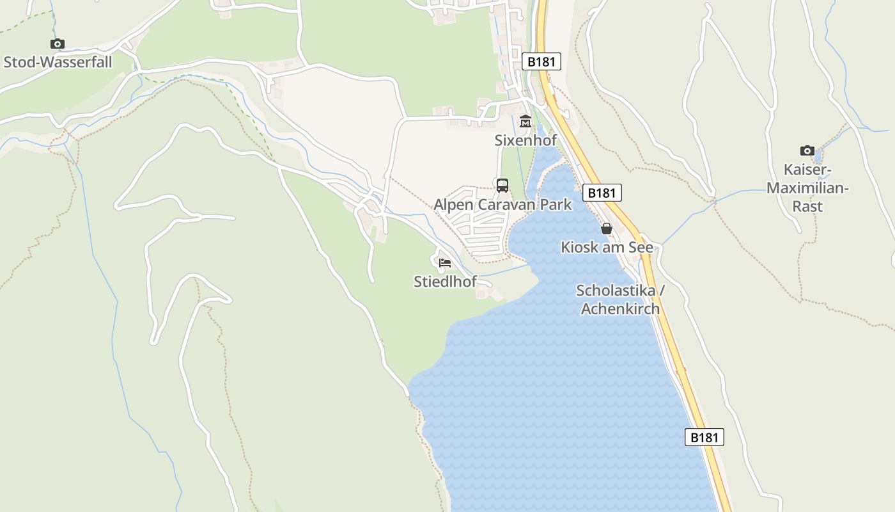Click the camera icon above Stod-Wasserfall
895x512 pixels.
click(58, 44)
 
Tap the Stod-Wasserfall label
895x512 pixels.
click(58, 62)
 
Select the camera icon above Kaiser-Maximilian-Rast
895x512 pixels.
click(807, 151)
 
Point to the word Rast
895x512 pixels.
click(807, 206)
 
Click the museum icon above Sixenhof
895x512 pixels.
click(525, 121)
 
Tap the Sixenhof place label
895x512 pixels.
click(525, 140)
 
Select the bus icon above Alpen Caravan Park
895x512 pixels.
click(502, 186)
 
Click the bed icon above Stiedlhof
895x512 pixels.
click(445, 262)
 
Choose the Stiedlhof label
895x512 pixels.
click(445, 281)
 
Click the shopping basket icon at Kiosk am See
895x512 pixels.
click(607, 228)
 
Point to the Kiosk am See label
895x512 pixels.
click(607, 247)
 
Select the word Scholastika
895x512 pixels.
click(616, 291)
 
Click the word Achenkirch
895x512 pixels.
click(620, 308)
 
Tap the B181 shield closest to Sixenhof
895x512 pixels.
click(541, 61)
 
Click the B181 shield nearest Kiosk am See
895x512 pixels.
click(602, 193)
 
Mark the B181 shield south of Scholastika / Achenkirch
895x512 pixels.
click(704, 438)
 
